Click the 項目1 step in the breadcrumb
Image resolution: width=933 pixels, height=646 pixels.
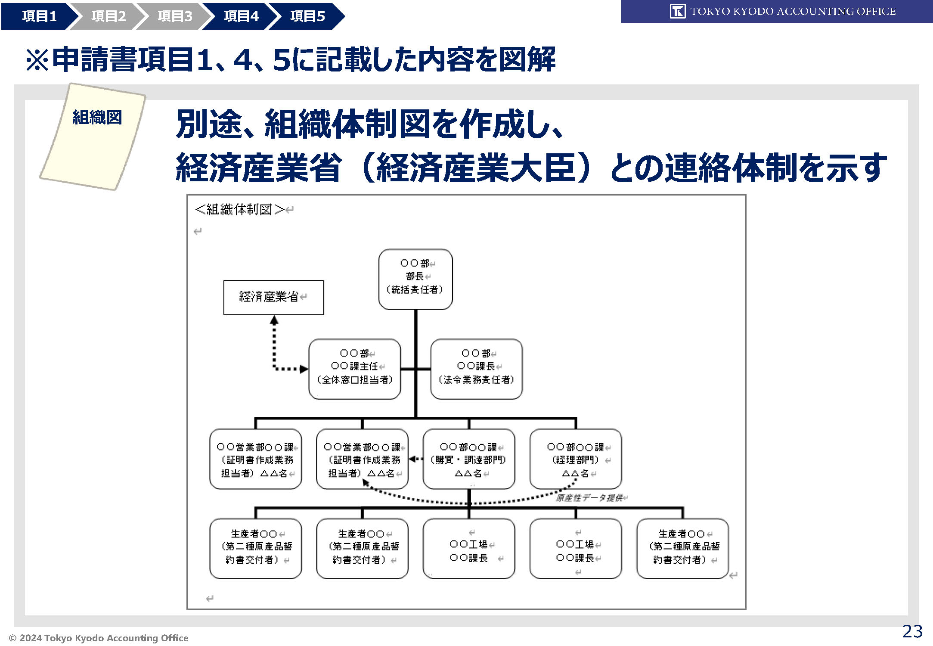coord(39,16)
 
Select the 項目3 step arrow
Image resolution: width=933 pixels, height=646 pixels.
coord(174,16)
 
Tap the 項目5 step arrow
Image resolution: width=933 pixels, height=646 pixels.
coord(307,16)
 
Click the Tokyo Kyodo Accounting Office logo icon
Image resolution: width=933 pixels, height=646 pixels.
coord(677,11)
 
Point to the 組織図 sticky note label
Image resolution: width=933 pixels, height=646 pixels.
coord(97,117)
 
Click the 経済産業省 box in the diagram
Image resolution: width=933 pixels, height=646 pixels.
coord(273,297)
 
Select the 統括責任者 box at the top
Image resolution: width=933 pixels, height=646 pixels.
coord(415,279)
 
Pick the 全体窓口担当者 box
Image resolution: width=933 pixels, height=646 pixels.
coord(354,369)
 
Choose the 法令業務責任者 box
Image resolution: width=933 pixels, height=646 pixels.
coord(476,369)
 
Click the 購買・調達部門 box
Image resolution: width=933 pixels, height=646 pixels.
coord(469,459)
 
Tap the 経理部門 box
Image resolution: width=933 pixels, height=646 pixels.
coord(576,459)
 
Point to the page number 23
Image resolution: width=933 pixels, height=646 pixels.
coord(912,631)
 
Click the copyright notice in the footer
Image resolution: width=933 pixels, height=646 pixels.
coord(99,638)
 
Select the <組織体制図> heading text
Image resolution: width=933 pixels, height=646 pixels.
coord(239,210)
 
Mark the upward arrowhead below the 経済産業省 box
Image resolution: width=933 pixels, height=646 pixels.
coord(274,320)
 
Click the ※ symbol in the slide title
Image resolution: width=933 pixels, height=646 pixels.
coord(37,60)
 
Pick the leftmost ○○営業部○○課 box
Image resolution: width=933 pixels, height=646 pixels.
coord(255,459)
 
